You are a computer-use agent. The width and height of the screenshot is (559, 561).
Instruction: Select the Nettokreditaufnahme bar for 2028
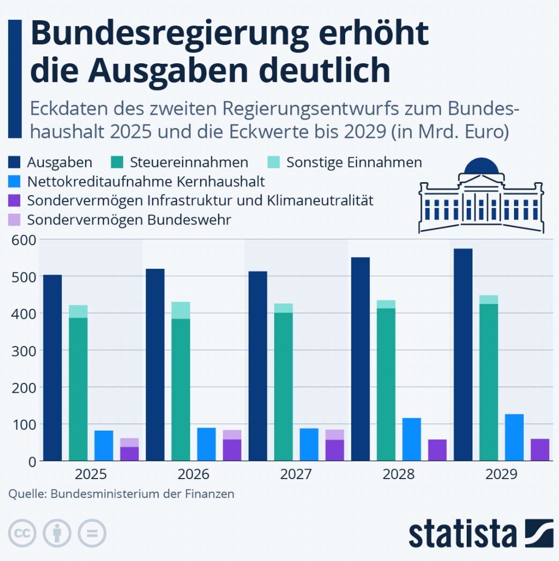[x=412, y=439]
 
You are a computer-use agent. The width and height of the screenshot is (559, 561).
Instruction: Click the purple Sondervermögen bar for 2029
[x=540, y=450]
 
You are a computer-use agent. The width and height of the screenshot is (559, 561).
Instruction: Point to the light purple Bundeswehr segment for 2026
[x=232, y=435]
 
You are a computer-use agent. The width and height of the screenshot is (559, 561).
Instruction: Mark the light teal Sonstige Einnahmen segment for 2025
[x=78, y=311]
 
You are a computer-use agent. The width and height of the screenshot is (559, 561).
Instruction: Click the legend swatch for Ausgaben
[x=16, y=162]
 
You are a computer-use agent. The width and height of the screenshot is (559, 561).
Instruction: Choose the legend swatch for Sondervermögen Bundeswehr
[x=16, y=220]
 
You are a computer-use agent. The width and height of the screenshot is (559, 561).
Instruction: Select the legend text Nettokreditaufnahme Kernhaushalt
[x=146, y=182]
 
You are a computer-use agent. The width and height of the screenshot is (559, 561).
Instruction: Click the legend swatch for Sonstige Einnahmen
[x=275, y=162]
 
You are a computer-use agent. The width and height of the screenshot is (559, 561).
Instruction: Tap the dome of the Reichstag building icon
[x=481, y=167]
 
